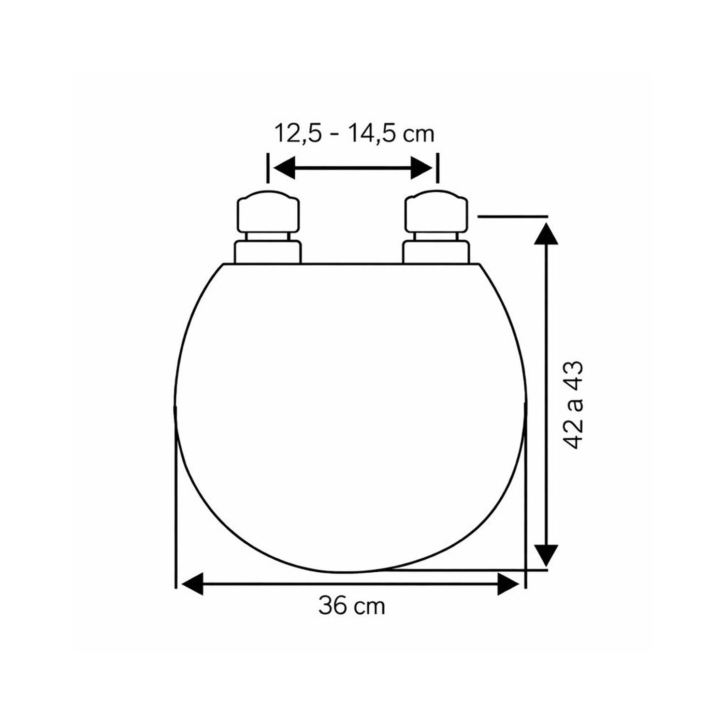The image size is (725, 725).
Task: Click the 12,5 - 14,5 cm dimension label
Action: [x=355, y=133]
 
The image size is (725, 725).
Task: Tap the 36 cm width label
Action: [x=351, y=606]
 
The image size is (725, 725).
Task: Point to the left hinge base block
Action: [x=268, y=252]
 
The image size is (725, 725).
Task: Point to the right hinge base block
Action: [x=436, y=252]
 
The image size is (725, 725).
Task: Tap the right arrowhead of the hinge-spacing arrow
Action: [x=421, y=168]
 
